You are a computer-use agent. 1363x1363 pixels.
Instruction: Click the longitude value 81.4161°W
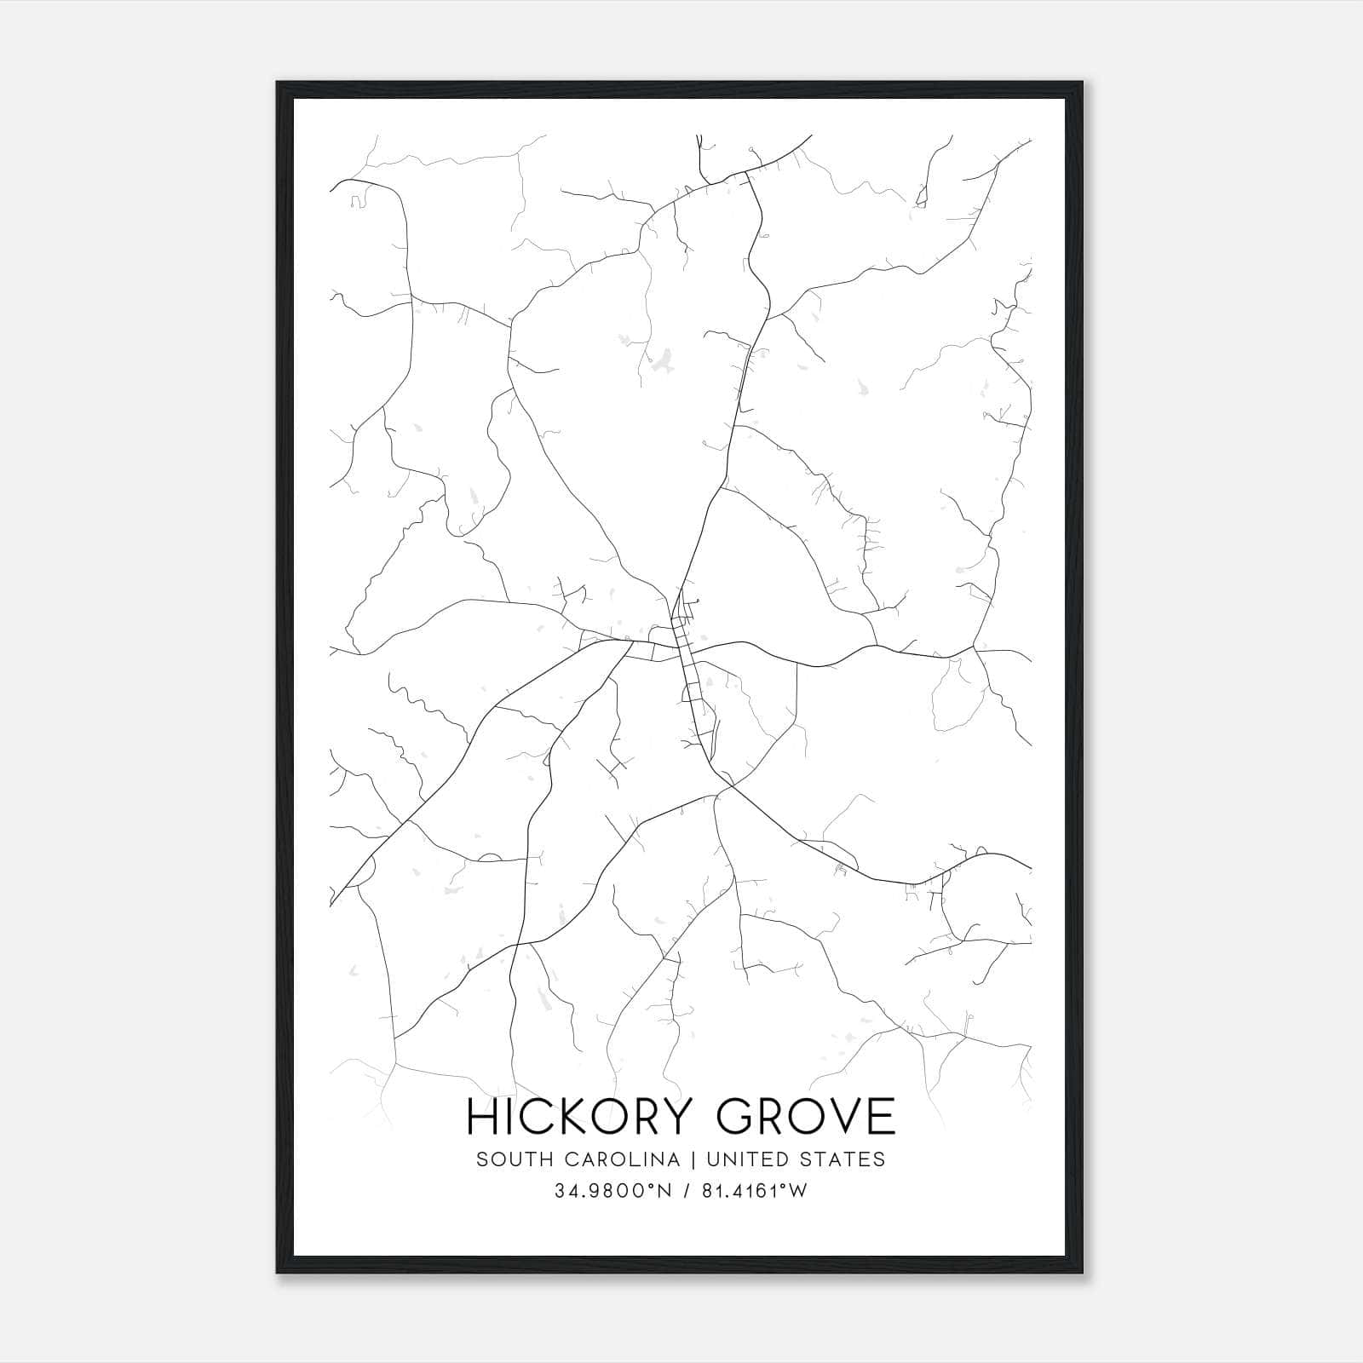[754, 1192]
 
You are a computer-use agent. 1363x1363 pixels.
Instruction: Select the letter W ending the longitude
[797, 1192]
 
